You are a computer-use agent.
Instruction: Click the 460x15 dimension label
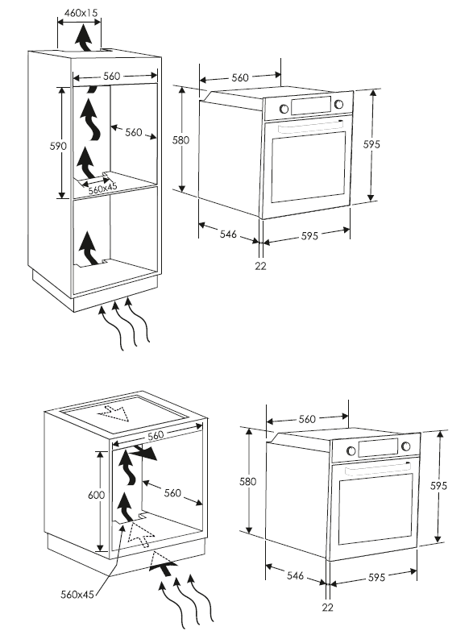coord(81,13)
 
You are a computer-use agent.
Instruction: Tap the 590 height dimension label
coord(58,146)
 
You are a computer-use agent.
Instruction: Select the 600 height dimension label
coord(96,495)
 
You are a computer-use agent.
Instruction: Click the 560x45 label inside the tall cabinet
coord(102,188)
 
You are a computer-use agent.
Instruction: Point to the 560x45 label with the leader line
coord(77,595)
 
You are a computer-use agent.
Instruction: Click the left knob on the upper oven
coord(284,109)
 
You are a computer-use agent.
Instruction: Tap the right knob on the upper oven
coord(338,104)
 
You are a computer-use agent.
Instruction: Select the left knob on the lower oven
coord(351,450)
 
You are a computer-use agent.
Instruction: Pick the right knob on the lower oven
coord(406,446)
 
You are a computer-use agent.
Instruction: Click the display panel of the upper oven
coord(311,106)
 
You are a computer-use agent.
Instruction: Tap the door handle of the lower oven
coord(378,468)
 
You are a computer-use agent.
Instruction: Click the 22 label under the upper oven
coord(261,266)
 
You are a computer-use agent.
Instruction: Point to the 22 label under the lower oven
coord(328,608)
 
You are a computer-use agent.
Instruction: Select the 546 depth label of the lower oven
coord(295,575)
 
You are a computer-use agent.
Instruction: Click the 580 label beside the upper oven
coord(180,140)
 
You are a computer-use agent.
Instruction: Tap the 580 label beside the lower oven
coord(247,482)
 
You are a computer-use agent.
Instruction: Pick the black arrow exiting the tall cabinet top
coord(85,38)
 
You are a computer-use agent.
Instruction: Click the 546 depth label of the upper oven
coord(228,234)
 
